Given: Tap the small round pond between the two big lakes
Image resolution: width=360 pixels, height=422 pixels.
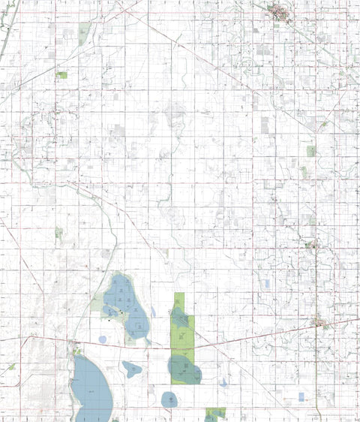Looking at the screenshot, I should click(x=102, y=339).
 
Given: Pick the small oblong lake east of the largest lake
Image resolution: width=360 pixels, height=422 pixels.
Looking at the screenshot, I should click(x=132, y=368).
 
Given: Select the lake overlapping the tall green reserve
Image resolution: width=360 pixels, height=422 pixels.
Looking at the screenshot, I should click(x=184, y=368).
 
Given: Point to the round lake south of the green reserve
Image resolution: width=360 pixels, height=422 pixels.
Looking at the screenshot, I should click(x=170, y=400).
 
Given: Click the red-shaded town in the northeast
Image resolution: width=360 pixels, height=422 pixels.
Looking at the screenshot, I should click(x=281, y=11).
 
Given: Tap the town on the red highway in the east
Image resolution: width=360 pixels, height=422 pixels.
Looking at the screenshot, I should click(x=321, y=324).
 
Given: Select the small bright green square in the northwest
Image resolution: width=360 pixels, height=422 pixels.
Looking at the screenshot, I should click(x=62, y=74).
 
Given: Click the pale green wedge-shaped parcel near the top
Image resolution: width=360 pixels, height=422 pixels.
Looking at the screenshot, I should click(x=85, y=32).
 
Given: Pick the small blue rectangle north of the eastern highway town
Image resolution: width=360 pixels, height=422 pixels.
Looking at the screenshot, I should click(x=266, y=284).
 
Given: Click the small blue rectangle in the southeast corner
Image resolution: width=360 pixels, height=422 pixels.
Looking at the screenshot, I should click(x=301, y=396).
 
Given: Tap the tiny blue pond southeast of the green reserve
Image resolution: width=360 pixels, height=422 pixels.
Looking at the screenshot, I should click(x=223, y=383).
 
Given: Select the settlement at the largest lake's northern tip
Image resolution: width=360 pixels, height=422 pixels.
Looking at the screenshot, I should click(x=75, y=348).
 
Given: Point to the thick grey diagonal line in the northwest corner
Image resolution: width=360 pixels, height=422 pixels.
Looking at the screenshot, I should click(x=6, y=38).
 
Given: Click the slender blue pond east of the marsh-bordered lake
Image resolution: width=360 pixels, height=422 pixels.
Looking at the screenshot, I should click(x=153, y=311).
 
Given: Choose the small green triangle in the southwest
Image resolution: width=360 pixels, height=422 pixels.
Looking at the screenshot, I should click(x=12, y=367).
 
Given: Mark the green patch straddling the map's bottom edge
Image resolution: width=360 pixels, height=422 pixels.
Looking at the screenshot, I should click(x=216, y=414).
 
